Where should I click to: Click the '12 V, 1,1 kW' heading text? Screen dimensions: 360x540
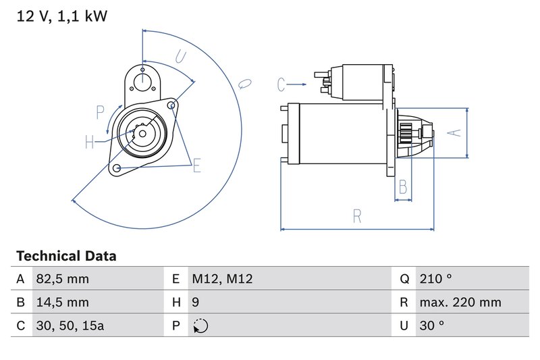(x=61, y=16)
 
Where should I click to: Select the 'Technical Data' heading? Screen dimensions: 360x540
(x=66, y=256)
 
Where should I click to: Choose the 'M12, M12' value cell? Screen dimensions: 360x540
(x=222, y=279)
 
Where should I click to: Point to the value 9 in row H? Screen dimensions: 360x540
(x=196, y=303)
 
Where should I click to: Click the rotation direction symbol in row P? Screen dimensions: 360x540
(x=200, y=326)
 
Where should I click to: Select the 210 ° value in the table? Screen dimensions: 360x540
(x=435, y=279)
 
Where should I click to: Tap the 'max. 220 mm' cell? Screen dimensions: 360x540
(x=460, y=303)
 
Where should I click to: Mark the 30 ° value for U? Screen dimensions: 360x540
(x=432, y=326)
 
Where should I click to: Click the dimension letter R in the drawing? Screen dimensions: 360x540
(x=357, y=216)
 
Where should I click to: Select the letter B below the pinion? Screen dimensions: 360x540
(x=403, y=186)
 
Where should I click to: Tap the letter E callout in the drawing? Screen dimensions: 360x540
(x=197, y=165)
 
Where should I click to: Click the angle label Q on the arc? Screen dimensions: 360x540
(x=244, y=83)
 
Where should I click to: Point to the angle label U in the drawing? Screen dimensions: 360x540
(x=180, y=57)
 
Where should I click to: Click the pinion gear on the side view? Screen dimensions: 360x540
(x=406, y=132)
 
